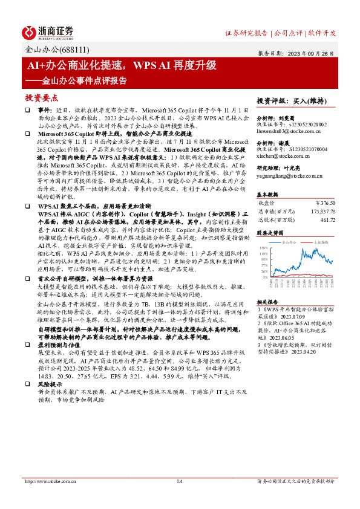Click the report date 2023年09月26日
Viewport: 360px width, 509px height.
click(x=314, y=53)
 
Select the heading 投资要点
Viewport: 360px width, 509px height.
click(x=42, y=97)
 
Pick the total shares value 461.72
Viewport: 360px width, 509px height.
click(x=327, y=221)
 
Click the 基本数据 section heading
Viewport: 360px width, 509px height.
click(x=269, y=195)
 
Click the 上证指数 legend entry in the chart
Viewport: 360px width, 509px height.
click(x=321, y=241)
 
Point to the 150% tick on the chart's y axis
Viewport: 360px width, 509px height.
click(x=264, y=248)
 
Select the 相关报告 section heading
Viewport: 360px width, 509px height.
click(x=269, y=301)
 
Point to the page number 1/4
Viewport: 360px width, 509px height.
click(x=180, y=481)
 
